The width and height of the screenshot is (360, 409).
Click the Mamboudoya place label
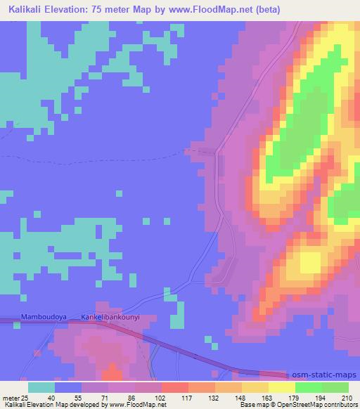pos(43,317)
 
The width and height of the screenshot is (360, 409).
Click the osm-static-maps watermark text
pos(325,375)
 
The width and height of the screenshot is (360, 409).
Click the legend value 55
pos(77,398)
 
